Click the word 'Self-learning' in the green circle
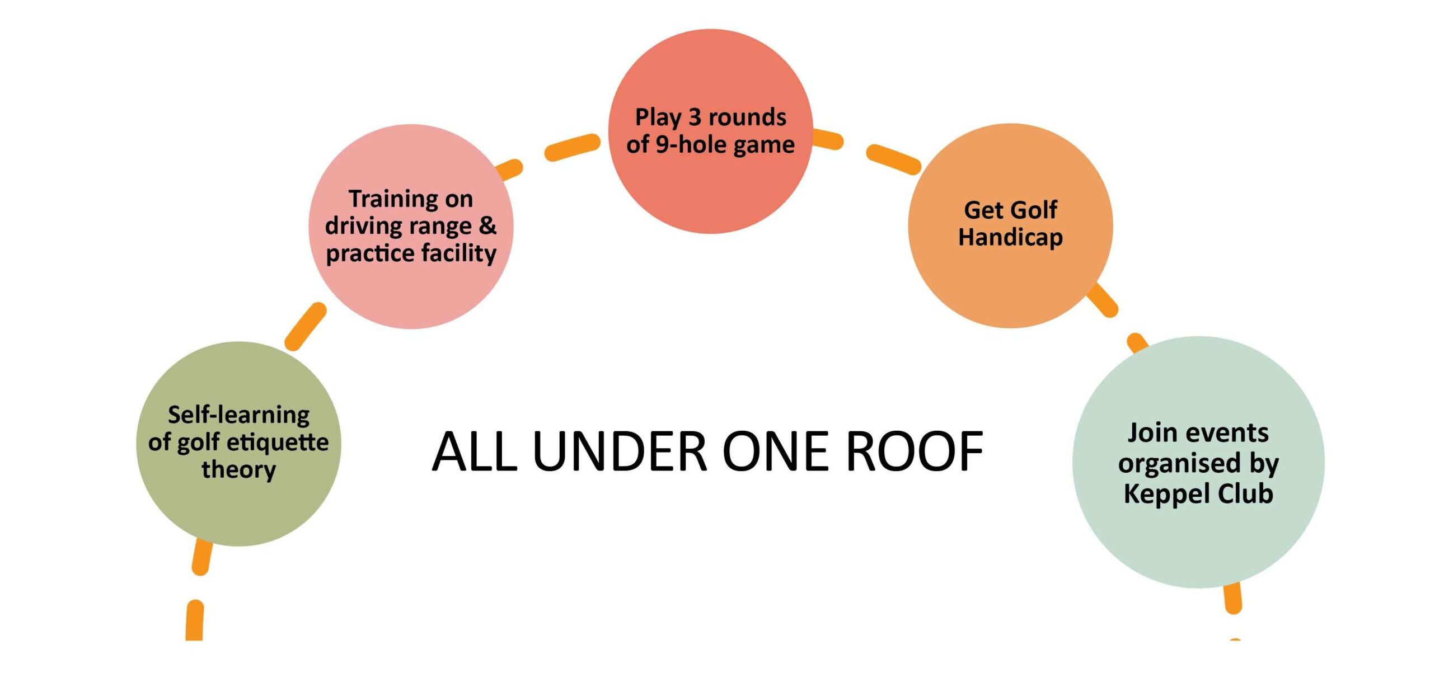pyautogui.click(x=238, y=415)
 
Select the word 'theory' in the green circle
pyautogui.click(x=238, y=469)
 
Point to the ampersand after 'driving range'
pyautogui.click(x=487, y=225)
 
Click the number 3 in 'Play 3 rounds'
pyautogui.click(x=695, y=117)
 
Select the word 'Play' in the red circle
pyautogui.click(x=658, y=117)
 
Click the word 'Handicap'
pyautogui.click(x=1010, y=237)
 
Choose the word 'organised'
pyautogui.click(x=1178, y=464)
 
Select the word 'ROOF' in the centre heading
pyautogui.click(x=914, y=452)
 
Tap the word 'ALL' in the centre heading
pyautogui.click(x=475, y=452)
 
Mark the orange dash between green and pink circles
pyautogui.click(x=305, y=327)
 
